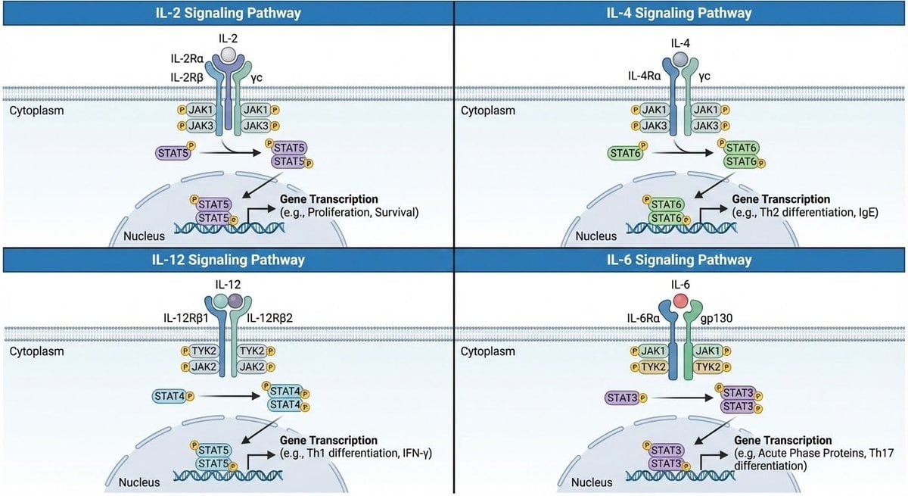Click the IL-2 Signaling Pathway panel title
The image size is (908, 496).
226,13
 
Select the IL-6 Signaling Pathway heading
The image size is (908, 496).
679,260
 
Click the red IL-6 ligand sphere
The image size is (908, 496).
680,301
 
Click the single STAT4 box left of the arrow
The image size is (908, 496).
173,395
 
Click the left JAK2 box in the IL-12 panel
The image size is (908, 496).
201,367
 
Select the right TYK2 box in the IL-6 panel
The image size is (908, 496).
708,367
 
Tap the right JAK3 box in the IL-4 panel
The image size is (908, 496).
708,126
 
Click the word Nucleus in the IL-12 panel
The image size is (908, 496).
141,482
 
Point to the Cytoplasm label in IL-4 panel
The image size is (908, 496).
488,111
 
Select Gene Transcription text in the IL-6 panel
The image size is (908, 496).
782,441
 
